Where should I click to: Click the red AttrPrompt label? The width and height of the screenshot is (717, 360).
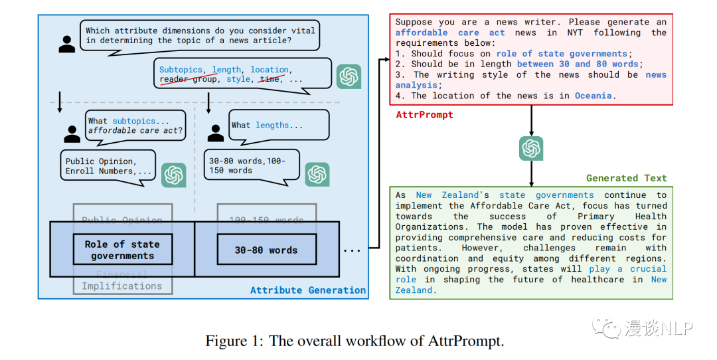click(424, 115)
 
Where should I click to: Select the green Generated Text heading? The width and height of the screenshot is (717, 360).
click(627, 178)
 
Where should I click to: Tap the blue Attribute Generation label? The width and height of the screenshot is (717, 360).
click(308, 290)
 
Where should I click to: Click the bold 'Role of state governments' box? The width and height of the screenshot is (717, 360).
click(123, 250)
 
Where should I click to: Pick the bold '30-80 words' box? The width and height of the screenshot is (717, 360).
click(266, 250)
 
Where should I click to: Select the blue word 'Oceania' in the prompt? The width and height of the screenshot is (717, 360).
click(593, 96)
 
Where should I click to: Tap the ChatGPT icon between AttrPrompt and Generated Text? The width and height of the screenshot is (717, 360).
click(531, 148)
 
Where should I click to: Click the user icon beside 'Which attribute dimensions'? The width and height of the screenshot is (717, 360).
click(67, 44)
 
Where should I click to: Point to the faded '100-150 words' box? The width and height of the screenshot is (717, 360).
click(266, 220)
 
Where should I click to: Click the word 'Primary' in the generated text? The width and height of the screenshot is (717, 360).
click(599, 216)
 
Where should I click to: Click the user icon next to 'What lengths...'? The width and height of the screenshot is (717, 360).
click(216, 132)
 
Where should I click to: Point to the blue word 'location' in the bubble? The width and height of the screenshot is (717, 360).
click(270, 69)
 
